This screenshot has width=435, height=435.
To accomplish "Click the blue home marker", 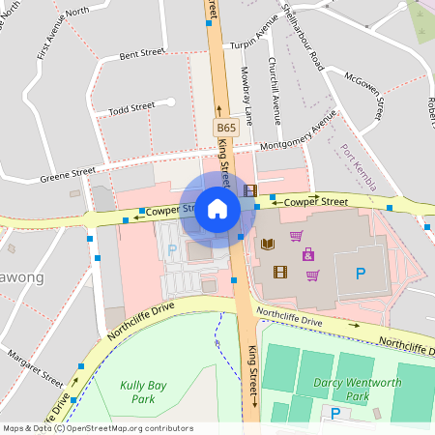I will tap(217, 209).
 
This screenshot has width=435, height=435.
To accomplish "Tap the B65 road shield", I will tap(225, 128).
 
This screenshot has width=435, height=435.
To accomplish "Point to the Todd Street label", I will tap(131, 108).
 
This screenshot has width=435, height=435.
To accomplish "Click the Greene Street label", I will tap(68, 175).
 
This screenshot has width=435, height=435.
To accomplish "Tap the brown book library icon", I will tap(269, 244).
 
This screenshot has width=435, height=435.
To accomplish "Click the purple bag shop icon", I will tap(308, 254).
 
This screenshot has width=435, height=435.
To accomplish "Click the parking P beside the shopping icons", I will tap(361, 274).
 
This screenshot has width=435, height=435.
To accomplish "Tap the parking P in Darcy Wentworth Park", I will tap(335, 413).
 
